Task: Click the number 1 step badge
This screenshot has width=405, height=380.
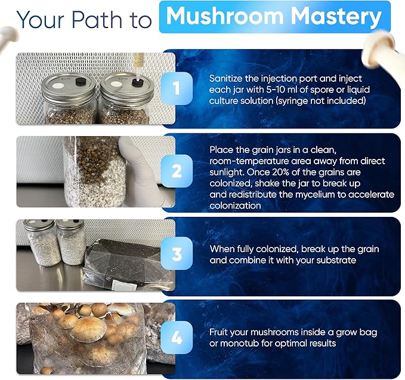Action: click(x=177, y=89)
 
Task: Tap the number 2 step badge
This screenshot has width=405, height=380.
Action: click(x=177, y=171)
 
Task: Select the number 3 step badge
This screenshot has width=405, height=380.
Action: click(x=177, y=254)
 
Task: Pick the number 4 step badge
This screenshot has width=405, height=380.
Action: click(x=177, y=337)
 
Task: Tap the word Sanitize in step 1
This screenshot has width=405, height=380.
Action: click(x=227, y=79)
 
